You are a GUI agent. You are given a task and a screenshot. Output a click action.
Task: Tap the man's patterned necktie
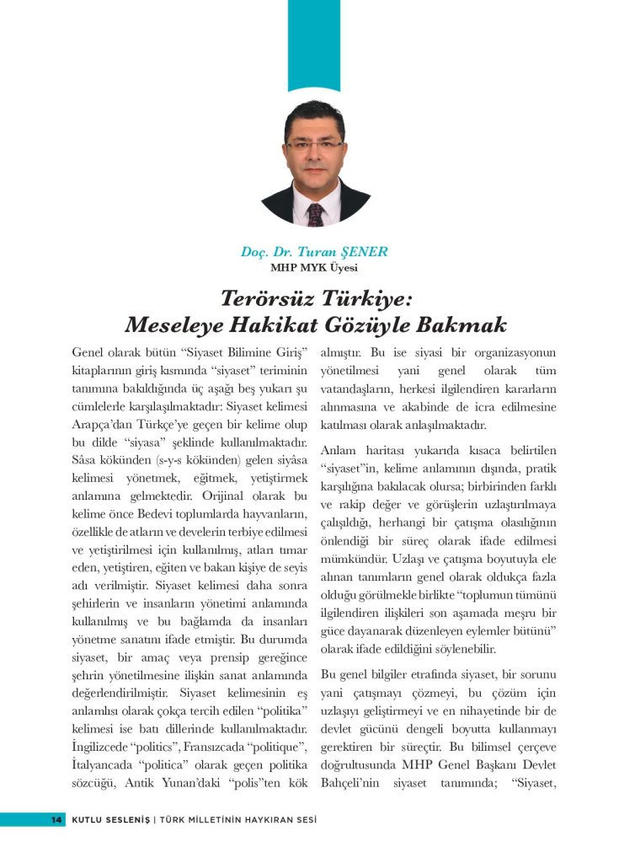(x=315, y=212)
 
